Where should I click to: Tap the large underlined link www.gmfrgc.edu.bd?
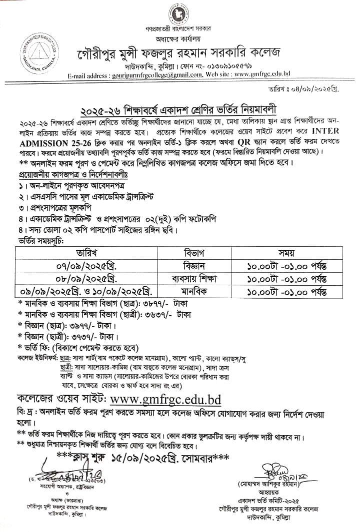coord(165,400)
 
